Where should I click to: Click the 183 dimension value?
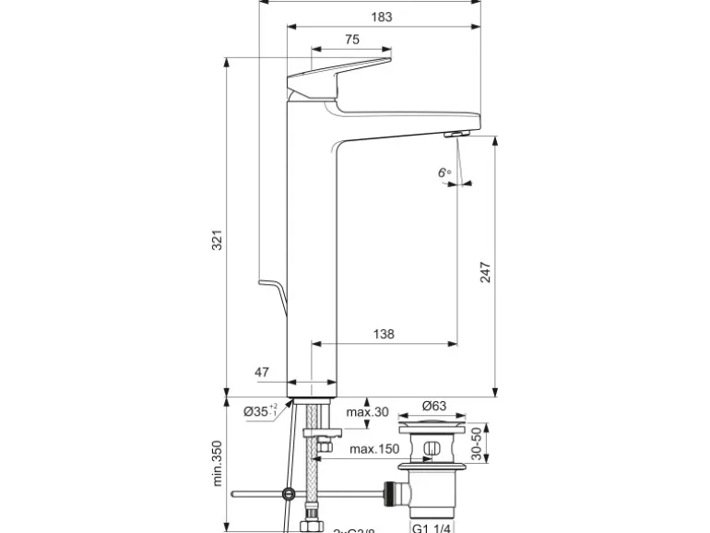(381, 17)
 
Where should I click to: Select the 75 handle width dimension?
(351, 39)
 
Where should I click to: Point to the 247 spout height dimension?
(485, 272)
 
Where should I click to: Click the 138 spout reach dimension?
(384, 334)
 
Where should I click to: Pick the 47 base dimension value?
(262, 373)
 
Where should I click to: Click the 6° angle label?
(445, 172)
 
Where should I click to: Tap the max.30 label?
(368, 411)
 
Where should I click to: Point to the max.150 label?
(374, 449)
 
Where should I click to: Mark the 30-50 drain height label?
(476, 444)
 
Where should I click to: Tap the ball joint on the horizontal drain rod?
(290, 494)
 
